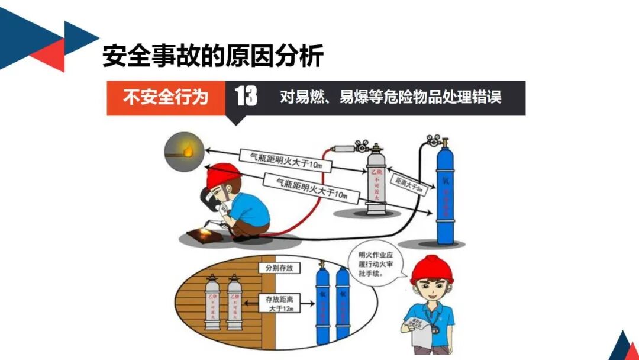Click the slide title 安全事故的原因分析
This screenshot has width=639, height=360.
213,56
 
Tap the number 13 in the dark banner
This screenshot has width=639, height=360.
246,97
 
